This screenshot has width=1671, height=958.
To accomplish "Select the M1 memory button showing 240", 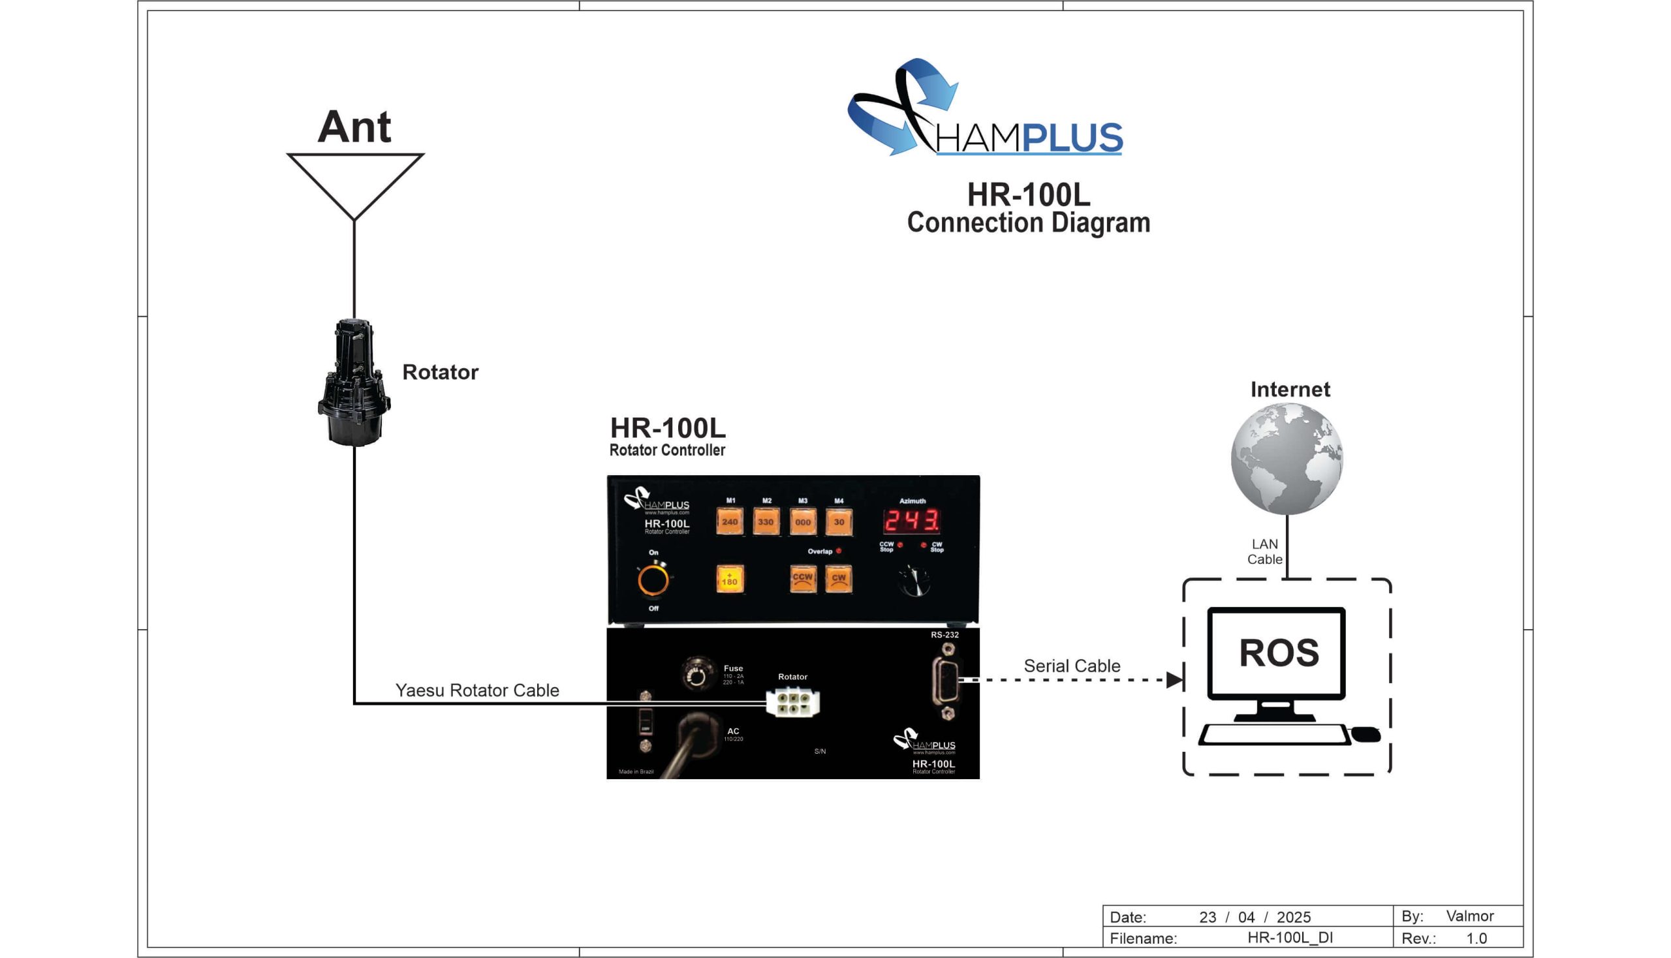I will point(729,522).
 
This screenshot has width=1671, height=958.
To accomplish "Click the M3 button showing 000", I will point(802,522).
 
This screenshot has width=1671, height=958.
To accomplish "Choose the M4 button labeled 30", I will point(839,522).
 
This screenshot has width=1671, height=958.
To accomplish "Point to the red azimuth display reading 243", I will point(911,521).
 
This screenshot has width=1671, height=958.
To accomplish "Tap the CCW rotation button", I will point(802,579).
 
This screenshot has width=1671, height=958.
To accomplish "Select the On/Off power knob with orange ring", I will point(653,580).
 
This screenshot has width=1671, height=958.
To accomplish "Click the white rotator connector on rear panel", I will point(792,703).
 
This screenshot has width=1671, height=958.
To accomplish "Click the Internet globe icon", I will point(1287,459).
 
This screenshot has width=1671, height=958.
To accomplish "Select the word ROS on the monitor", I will point(1279,653).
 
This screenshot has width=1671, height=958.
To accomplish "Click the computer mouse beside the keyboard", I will point(1366,734).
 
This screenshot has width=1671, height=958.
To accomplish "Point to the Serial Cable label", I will point(1071,666).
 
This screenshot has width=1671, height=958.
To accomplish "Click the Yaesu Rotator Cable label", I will point(477,690).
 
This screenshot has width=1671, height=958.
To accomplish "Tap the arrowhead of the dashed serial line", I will point(1174,680).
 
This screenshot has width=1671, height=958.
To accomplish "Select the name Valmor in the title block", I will point(1469,916).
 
